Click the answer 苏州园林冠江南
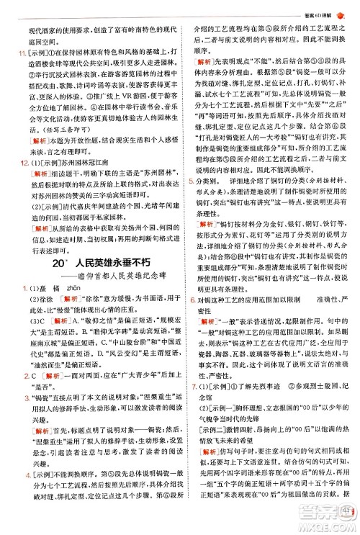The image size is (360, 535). point(75,185)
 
